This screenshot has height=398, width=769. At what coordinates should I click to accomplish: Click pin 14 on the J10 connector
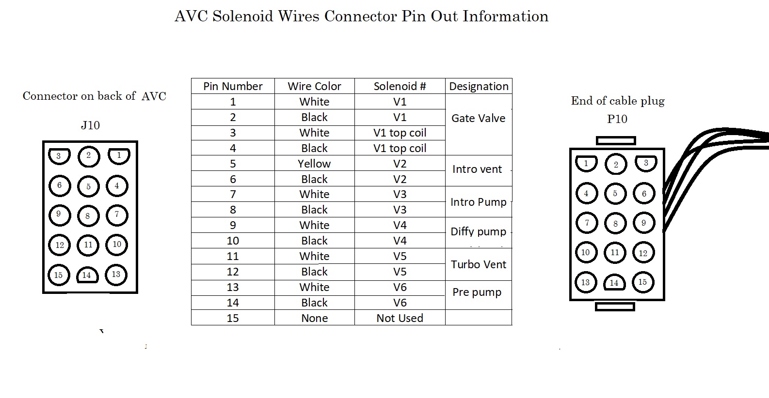(87, 276)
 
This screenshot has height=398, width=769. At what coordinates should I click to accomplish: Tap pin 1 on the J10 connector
(118, 156)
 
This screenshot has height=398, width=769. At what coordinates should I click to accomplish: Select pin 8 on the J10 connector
(88, 216)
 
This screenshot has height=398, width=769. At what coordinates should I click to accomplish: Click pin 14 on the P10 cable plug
(614, 283)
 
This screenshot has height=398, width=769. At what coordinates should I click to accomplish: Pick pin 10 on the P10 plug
(586, 252)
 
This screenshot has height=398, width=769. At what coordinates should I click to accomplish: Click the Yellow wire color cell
(314, 164)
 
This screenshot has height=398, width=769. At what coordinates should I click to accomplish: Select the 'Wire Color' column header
(314, 86)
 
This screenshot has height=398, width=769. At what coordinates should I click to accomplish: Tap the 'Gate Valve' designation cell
(478, 118)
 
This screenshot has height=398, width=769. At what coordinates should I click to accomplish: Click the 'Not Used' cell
(400, 318)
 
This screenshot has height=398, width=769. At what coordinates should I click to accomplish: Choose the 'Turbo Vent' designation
(478, 264)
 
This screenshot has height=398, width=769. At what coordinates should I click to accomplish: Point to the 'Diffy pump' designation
(478, 231)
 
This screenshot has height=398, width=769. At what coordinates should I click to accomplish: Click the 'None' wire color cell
(314, 318)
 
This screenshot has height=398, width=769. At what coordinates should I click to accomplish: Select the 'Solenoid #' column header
(400, 86)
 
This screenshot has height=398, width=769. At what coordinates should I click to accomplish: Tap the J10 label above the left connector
(90, 125)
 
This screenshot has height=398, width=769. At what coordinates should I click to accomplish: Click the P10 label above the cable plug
(617, 119)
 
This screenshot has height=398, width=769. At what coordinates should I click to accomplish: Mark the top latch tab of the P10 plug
(615, 140)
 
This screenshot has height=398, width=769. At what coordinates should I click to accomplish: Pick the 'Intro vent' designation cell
(477, 169)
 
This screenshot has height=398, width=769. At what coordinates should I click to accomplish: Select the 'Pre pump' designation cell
(477, 292)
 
